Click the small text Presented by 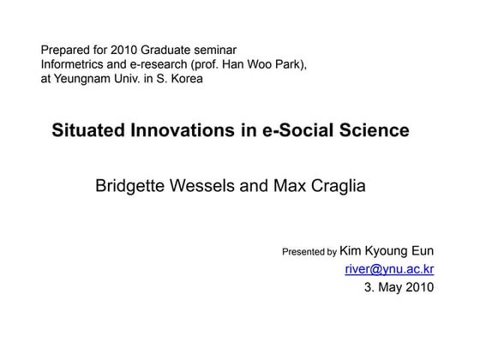(309, 252)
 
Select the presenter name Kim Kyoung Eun (387, 250)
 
